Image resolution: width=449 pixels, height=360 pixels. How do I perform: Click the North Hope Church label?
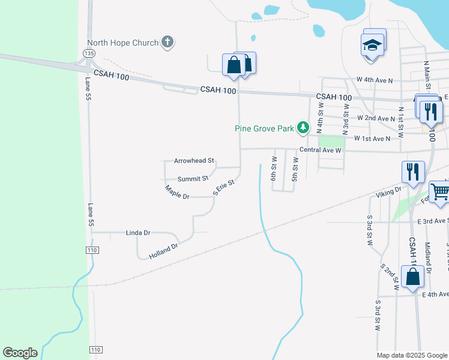[x=122, y=43]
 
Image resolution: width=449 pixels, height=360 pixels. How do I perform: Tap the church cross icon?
[x=167, y=42]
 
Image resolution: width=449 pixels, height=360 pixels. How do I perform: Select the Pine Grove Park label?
[x=264, y=128]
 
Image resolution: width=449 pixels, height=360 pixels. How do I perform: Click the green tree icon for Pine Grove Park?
[x=304, y=127]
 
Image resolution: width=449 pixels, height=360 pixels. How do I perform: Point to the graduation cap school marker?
[x=372, y=46]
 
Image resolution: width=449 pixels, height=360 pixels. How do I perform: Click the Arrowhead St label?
[x=194, y=161]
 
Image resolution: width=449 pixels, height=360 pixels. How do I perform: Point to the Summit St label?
[x=193, y=179]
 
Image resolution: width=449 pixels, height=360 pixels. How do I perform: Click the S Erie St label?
[x=223, y=187]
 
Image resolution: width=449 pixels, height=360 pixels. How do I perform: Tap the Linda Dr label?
[x=138, y=232]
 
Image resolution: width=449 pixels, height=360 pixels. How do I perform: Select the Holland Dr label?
[x=163, y=251]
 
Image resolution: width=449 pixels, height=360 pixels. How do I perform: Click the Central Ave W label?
[x=321, y=151]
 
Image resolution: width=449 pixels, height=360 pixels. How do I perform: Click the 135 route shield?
[x=89, y=53]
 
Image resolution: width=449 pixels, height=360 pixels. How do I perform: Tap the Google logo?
[x=20, y=353]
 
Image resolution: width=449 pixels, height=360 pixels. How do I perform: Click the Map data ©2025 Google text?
[x=411, y=355]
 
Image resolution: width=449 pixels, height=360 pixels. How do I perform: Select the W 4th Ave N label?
[x=375, y=79]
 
